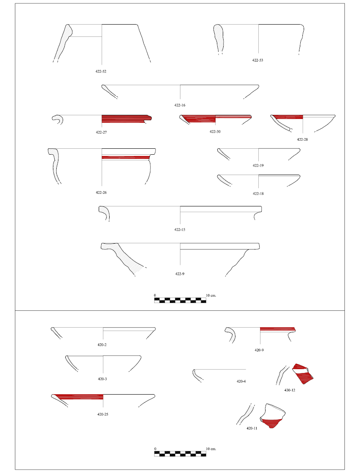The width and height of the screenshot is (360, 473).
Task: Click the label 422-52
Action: (101, 72)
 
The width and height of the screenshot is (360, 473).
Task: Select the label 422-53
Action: (258, 60)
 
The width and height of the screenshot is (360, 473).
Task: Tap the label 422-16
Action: (180, 105)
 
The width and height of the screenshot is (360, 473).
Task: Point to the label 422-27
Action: (101, 132)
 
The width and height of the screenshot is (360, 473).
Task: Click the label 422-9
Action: (180, 274)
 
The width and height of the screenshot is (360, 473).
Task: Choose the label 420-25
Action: (102, 415)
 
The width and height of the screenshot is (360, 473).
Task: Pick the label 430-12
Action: (290, 390)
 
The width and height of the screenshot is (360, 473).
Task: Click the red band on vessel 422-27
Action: (126, 119)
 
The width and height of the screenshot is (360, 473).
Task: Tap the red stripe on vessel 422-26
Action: (126, 157)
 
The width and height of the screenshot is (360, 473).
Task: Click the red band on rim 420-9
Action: (277, 329)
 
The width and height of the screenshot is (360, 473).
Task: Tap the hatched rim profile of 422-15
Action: (104, 212)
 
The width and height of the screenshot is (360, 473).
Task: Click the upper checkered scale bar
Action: (180, 300)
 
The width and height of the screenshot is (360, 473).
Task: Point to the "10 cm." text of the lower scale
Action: (211, 449)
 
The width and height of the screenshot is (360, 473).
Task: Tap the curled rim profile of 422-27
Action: (58, 120)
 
